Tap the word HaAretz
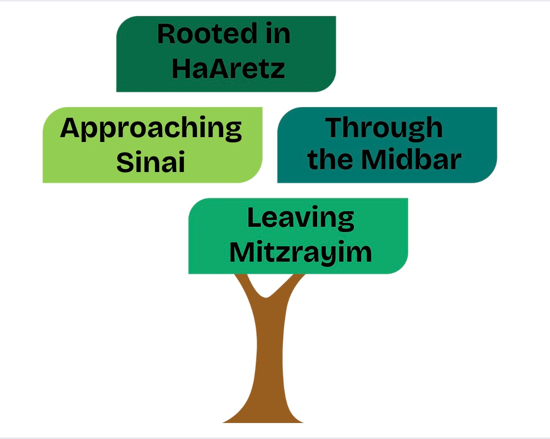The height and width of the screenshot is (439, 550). pos(228,69)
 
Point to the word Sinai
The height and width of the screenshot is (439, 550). pos(151,162)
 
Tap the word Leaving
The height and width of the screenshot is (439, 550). pos(301,219)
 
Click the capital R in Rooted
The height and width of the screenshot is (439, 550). pos(167,35)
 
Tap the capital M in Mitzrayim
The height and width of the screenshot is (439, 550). pos(242,252)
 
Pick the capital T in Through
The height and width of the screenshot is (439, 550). pos(336,128)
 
